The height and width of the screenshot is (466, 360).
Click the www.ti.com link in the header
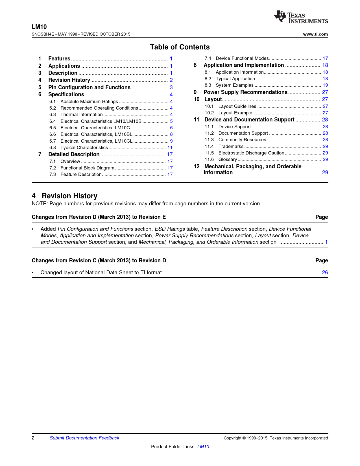[315, 34]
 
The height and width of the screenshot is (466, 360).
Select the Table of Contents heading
[180, 47]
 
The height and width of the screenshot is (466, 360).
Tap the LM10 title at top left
[39, 27]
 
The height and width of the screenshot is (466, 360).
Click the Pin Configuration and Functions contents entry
[89, 87]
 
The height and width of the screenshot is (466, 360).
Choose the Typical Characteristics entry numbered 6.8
[84, 147]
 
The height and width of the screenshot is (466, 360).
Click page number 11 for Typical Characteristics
[170, 147]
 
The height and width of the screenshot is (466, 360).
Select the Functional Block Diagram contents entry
[87, 168]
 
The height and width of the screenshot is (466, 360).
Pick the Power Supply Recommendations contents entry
[245, 92]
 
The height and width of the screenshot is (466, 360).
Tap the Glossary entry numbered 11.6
[228, 159]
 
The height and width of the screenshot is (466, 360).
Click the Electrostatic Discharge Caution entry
[251, 153]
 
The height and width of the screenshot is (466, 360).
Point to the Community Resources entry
[242, 140]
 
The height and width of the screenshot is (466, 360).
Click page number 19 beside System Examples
[325, 85]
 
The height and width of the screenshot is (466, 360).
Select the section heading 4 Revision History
[65, 196]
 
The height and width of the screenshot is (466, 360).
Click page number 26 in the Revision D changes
[325, 272]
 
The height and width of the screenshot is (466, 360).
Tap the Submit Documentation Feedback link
[84, 438]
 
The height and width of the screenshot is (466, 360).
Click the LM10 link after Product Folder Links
[203, 447]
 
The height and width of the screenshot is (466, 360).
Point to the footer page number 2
[33, 438]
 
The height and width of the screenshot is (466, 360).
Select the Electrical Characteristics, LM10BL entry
[96, 134]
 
